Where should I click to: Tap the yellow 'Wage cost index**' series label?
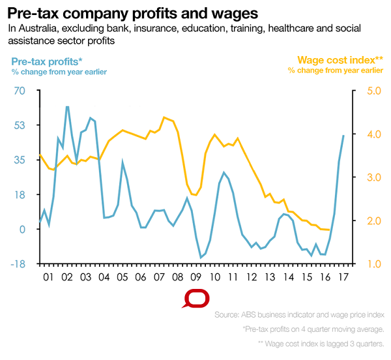coord(340,61)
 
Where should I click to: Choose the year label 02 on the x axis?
coord(66,277)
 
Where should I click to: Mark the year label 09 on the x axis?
coord(196,277)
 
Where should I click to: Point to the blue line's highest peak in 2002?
coord(67,106)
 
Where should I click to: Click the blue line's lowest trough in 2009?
coord(201,258)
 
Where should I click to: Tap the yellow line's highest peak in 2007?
coord(164,117)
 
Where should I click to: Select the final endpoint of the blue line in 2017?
coord(344,135)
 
